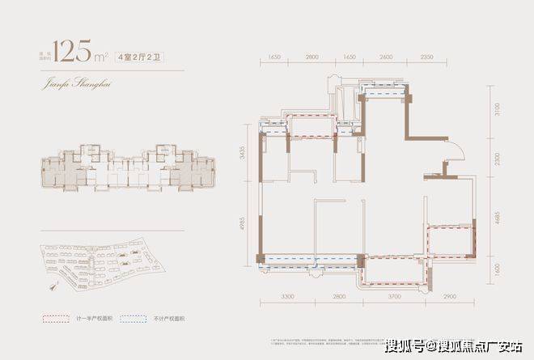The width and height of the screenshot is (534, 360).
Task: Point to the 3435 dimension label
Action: point(240,153)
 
